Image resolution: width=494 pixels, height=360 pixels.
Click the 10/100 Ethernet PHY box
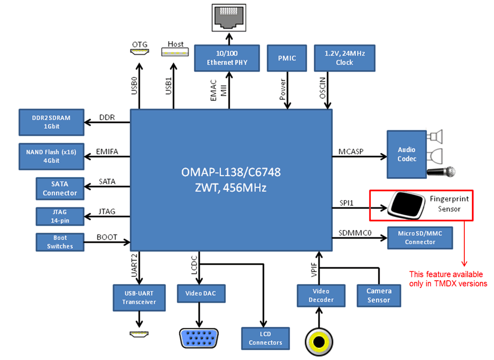(227, 58)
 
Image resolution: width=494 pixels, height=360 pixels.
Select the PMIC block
(287, 58)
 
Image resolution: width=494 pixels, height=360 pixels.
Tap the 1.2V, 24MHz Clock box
(344, 58)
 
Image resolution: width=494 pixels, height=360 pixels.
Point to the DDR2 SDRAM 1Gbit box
(51, 122)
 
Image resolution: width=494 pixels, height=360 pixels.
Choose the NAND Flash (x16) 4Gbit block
(51, 156)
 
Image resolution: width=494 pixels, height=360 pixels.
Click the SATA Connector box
(59, 189)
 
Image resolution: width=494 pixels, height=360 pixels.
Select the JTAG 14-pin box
(59, 216)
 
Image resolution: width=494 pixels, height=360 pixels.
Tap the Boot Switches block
(59, 242)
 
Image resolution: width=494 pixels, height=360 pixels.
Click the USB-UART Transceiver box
(139, 298)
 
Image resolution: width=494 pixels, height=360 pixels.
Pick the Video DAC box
(201, 293)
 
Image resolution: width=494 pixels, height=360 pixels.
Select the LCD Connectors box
(265, 338)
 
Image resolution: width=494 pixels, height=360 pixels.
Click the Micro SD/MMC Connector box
(419, 238)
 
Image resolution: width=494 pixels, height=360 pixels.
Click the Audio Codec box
(406, 154)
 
